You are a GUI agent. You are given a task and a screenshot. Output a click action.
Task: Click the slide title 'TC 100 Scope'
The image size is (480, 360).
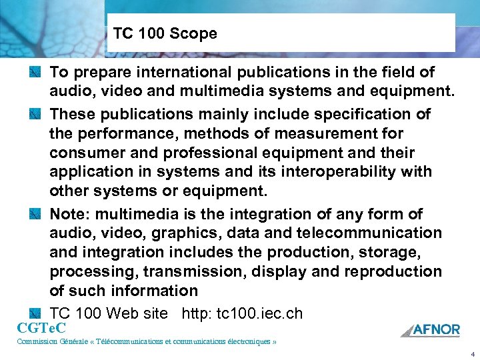[165, 33]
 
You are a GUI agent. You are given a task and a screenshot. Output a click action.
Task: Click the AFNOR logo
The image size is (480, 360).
[431, 329]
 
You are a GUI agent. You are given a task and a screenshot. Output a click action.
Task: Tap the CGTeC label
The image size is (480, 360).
[41, 327]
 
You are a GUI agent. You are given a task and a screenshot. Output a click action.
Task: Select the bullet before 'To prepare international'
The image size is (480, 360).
[36, 71]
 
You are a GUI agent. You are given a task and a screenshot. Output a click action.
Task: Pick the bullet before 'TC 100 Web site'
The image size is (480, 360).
[36, 313]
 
